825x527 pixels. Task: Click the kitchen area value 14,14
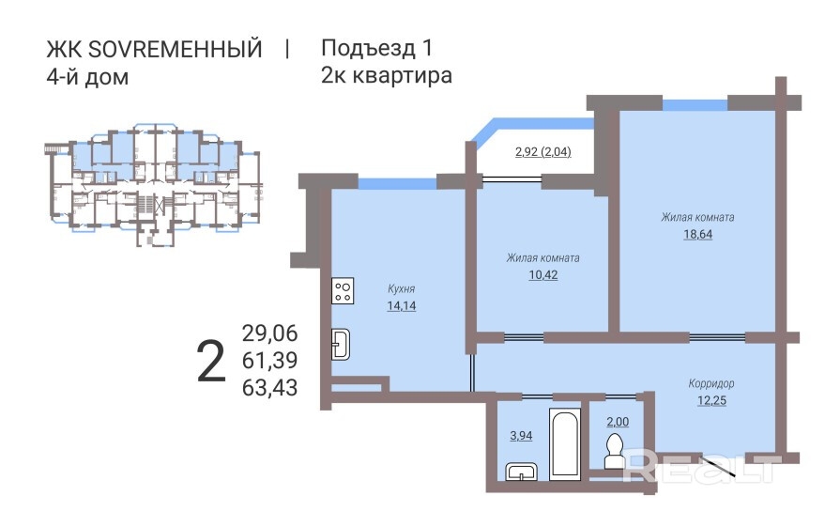pyautogui.click(x=402, y=306)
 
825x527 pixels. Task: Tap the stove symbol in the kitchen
pyautogui.click(x=343, y=291)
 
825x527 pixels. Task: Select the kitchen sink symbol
pyautogui.click(x=341, y=345)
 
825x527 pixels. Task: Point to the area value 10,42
pyautogui.click(x=543, y=275)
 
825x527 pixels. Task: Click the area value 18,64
pyautogui.click(x=697, y=234)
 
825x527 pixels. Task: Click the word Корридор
pyautogui.click(x=711, y=384)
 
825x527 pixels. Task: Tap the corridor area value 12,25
pyautogui.click(x=711, y=400)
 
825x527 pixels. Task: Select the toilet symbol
pyautogui.click(x=614, y=451)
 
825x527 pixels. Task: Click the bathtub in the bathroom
pyautogui.click(x=565, y=443)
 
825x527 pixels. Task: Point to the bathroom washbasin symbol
pyautogui.click(x=522, y=472)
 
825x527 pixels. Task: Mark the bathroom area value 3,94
pyautogui.click(x=521, y=436)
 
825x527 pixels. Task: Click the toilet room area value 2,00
pyautogui.click(x=618, y=422)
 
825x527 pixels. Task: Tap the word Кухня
pyautogui.click(x=402, y=289)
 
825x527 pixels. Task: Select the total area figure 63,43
pyautogui.click(x=270, y=387)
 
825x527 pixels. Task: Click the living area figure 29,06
pyautogui.click(x=270, y=333)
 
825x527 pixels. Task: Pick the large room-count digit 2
pyautogui.click(x=211, y=362)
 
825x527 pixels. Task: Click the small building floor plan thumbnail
pyautogui.click(x=153, y=185)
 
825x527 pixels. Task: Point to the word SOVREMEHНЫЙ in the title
pyautogui.click(x=175, y=49)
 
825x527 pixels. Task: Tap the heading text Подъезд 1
pyautogui.click(x=376, y=48)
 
